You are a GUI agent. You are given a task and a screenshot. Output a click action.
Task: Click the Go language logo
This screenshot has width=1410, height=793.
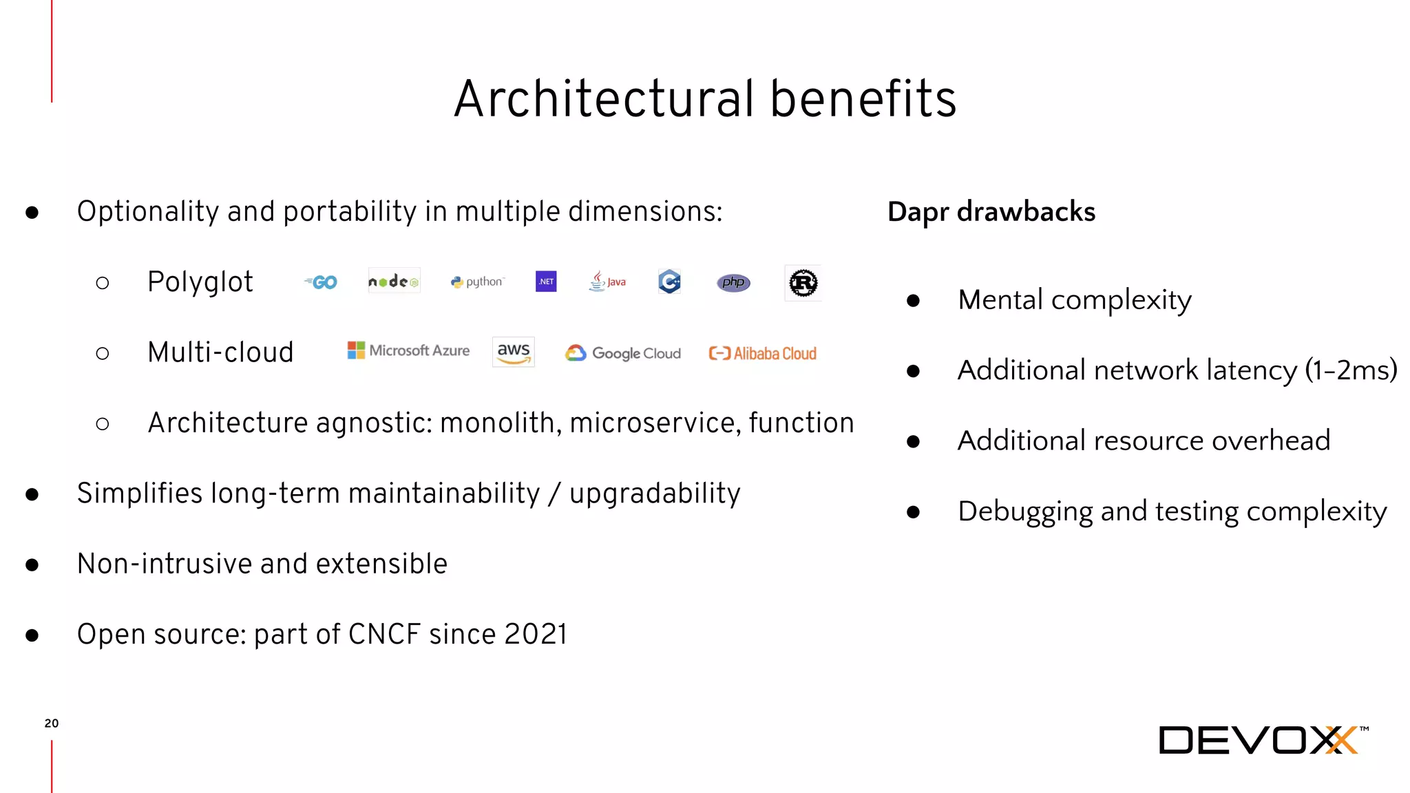pos(321,282)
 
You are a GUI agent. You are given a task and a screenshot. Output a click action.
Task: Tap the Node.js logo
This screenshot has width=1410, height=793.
pos(394,282)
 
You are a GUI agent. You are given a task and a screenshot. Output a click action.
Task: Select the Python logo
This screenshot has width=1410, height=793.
pos(477,282)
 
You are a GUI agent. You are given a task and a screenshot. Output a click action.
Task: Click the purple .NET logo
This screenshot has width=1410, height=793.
pos(546,282)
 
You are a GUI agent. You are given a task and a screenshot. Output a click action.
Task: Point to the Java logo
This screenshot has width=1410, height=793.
pos(607,282)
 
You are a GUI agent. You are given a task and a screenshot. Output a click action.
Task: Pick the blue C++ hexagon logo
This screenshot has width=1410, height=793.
pos(669,282)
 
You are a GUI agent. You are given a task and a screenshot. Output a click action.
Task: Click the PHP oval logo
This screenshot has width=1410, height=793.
pos(733,282)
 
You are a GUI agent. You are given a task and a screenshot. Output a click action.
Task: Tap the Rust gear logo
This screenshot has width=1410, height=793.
pos(803,283)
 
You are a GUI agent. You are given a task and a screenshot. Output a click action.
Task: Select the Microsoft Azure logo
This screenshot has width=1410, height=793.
pos(408,350)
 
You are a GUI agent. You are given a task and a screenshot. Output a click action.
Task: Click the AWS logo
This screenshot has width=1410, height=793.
pos(514,352)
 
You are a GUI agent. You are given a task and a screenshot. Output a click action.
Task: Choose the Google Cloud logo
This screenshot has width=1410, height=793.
pos(622,353)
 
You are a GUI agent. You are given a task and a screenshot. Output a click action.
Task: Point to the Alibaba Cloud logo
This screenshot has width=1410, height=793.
pos(762,353)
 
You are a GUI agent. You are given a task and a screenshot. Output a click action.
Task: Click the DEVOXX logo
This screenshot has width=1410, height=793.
pos(1263,741)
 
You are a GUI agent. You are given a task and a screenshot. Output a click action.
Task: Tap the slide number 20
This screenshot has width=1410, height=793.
pos(52,723)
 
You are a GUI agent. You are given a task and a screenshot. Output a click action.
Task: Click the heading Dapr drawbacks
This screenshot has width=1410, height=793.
pos(991,212)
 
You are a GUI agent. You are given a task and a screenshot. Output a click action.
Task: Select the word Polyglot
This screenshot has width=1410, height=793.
pos(200,282)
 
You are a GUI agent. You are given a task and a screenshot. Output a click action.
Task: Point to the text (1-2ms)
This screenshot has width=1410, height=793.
pos(1351,370)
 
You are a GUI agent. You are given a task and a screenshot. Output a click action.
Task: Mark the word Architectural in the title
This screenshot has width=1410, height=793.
pos(604,99)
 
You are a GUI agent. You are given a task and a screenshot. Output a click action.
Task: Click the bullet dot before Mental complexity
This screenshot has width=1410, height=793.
pos(914,301)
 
